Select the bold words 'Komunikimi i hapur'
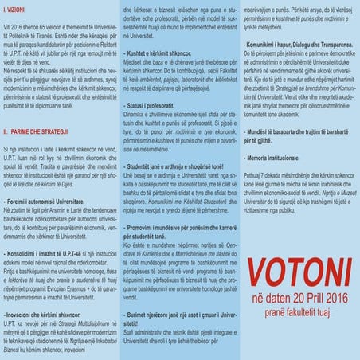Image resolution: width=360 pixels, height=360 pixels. pyautogui.click(x=271, y=80)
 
